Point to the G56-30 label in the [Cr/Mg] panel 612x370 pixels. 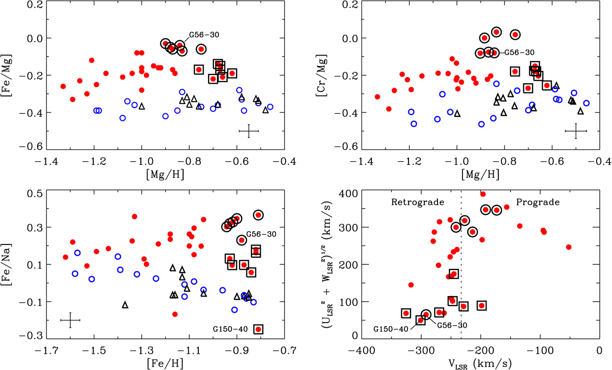(516, 53)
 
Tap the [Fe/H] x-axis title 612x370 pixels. (171, 364)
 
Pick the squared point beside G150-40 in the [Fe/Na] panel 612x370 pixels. (259, 329)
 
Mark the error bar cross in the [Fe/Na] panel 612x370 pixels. (70, 320)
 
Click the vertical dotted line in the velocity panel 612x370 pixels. (461, 265)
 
